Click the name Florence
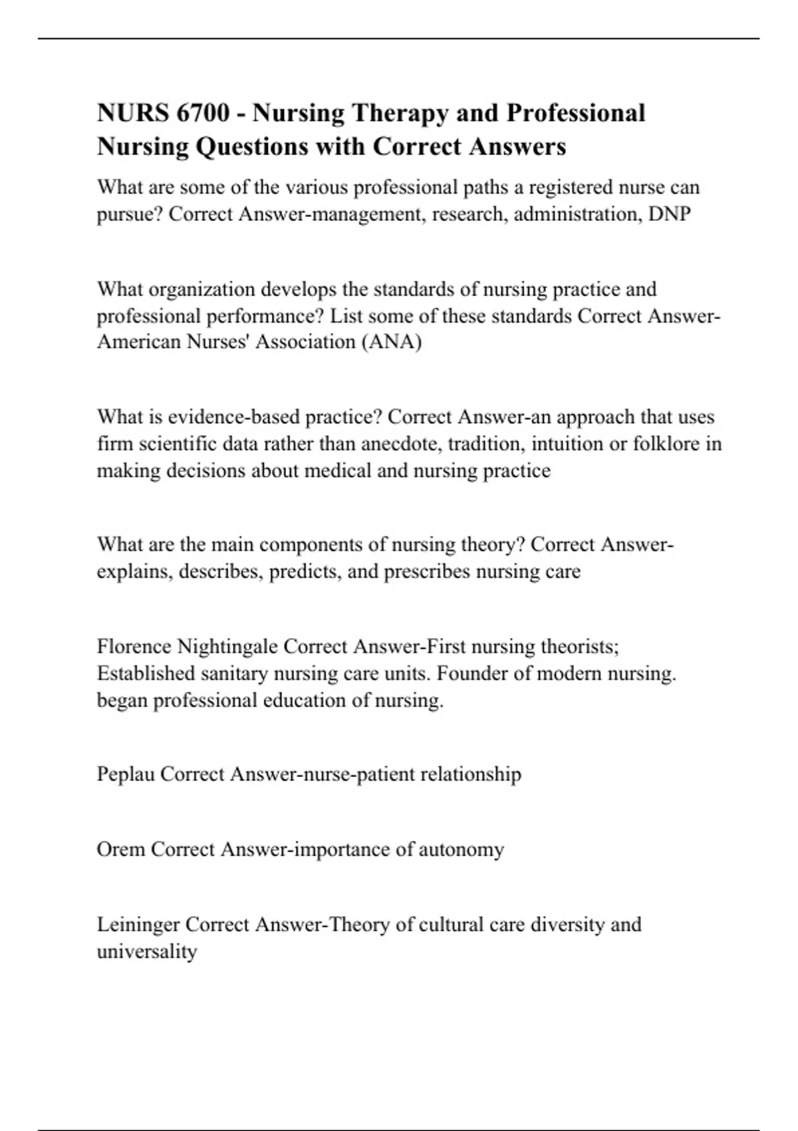pyautogui.click(x=134, y=647)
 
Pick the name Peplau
pyautogui.click(x=126, y=774)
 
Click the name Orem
pyautogui.click(x=120, y=850)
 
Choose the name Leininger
pyautogui.click(x=138, y=925)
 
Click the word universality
pyautogui.click(x=147, y=951)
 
